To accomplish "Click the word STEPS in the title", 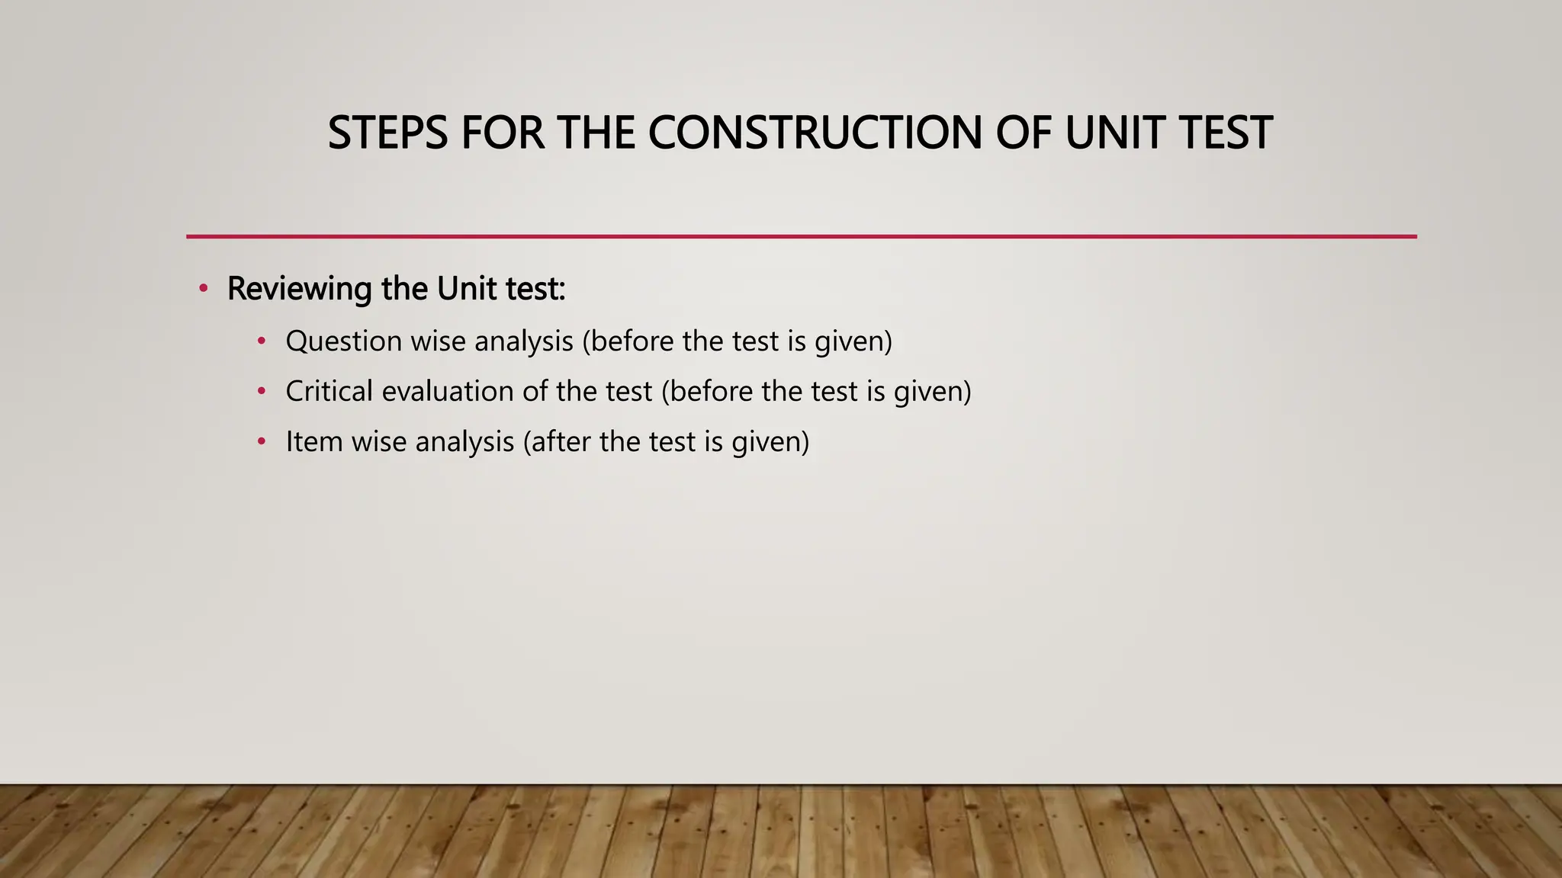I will [387, 133].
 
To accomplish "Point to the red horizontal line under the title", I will [801, 236].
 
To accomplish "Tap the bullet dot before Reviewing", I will [203, 289].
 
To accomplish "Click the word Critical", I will [329, 391].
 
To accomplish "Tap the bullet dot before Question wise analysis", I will [261, 341].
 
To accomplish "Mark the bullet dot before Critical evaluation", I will [261, 392].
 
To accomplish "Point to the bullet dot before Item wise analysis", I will [261, 442].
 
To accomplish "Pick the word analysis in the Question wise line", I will [523, 341].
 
